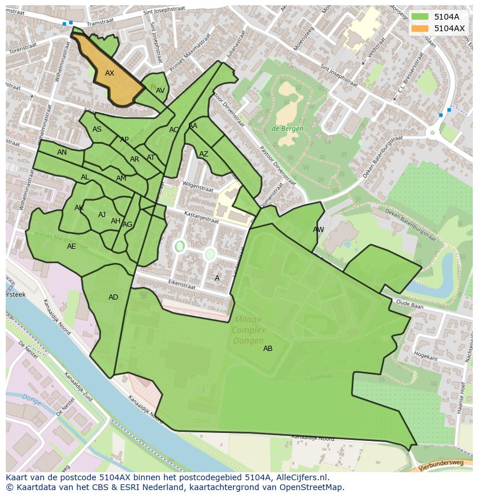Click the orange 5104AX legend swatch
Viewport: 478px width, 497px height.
pyautogui.click(x=420, y=28)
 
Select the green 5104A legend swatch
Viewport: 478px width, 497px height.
pyautogui.click(x=420, y=17)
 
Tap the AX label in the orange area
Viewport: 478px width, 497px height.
pyautogui.click(x=110, y=73)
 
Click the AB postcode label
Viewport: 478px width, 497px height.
pyautogui.click(x=268, y=349)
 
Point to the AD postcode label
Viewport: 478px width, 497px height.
pyautogui.click(x=113, y=297)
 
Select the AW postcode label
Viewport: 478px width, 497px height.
pyautogui.click(x=318, y=230)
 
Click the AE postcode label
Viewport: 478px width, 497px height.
pyautogui.click(x=71, y=246)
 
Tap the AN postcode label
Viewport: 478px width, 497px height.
pyautogui.click(x=62, y=152)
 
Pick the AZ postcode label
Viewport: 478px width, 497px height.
pyautogui.click(x=203, y=154)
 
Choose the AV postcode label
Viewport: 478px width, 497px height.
pyautogui.click(x=160, y=91)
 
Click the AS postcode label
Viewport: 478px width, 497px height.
pyautogui.click(x=97, y=129)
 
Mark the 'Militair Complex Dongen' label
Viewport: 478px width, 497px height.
pyautogui.click(x=248, y=330)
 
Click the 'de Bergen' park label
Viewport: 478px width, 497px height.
pyautogui.click(x=287, y=129)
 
